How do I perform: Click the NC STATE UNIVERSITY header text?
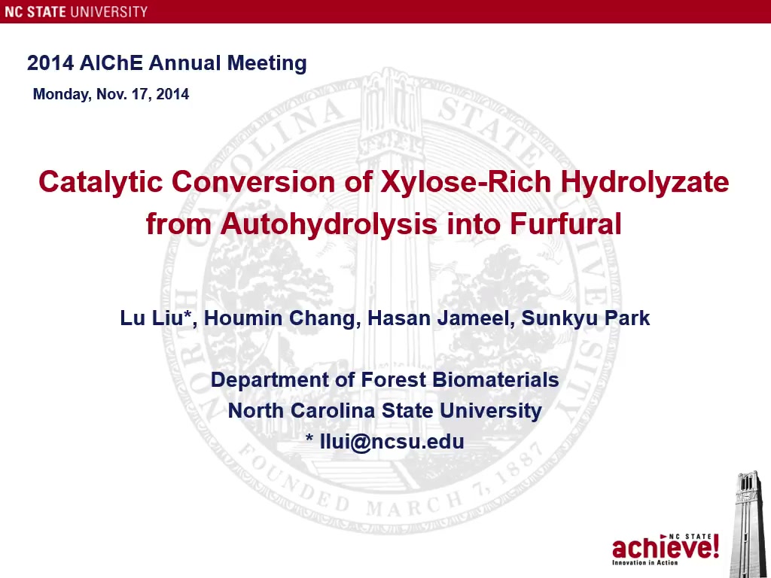click(76, 11)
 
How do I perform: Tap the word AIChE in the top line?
click(111, 63)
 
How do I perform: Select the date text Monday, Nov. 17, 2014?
click(111, 94)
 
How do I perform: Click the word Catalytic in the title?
click(100, 182)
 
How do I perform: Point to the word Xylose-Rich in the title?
click(466, 181)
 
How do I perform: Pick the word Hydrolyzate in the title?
click(645, 182)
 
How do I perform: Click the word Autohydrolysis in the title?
click(329, 224)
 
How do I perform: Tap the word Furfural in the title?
click(565, 224)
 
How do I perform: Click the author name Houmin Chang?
click(279, 318)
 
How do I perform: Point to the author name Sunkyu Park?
click(586, 318)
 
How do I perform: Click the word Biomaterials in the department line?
click(495, 379)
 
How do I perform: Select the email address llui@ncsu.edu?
click(392, 441)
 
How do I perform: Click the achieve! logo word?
click(666, 548)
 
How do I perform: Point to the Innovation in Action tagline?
click(645, 562)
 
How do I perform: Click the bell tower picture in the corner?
click(749, 524)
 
